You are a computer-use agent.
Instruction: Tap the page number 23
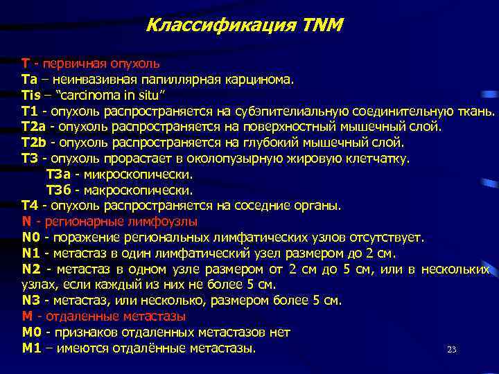pyautogui.click(x=452, y=350)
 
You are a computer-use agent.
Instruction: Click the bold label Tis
pyautogui.click(x=31, y=94)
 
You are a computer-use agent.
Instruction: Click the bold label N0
pyautogui.click(x=30, y=238)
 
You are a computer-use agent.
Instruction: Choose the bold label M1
pyautogui.click(x=31, y=348)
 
